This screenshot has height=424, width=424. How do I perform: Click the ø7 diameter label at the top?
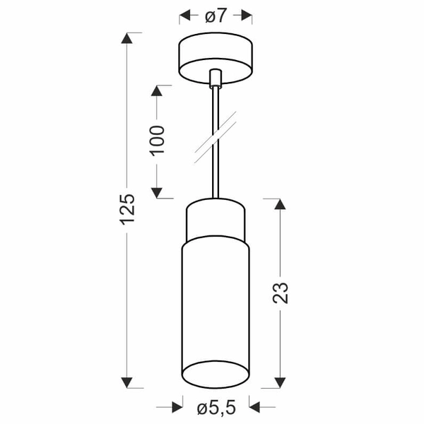click(216, 15)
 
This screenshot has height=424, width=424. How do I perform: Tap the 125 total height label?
click(126, 210)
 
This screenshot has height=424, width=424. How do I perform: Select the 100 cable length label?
click(157, 141)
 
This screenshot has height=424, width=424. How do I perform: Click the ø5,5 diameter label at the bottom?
click(216, 407)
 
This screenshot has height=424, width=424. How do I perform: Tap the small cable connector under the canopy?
click(216, 76)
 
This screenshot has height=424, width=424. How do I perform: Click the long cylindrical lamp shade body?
click(216, 304)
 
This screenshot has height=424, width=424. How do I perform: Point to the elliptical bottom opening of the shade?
click(216, 372)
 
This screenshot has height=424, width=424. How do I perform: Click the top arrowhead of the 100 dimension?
click(158, 91)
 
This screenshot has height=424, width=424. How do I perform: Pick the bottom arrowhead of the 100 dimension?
click(158, 191)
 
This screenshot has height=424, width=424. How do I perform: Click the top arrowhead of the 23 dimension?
click(280, 205)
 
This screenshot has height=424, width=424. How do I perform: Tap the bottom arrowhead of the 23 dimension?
click(280, 382)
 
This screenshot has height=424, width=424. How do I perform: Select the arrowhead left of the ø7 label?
click(186, 15)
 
